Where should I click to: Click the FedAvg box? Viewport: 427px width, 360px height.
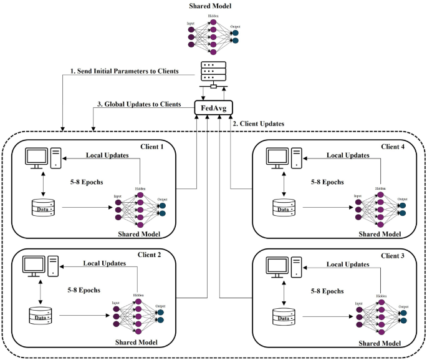pos(213,108)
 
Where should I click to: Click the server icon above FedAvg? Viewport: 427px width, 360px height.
pos(213,73)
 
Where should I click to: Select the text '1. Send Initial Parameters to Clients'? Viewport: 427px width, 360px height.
pos(125,71)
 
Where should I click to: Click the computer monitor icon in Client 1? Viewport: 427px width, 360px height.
pos(37,157)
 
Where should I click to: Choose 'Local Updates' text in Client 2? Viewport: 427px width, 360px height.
pos(104,263)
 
